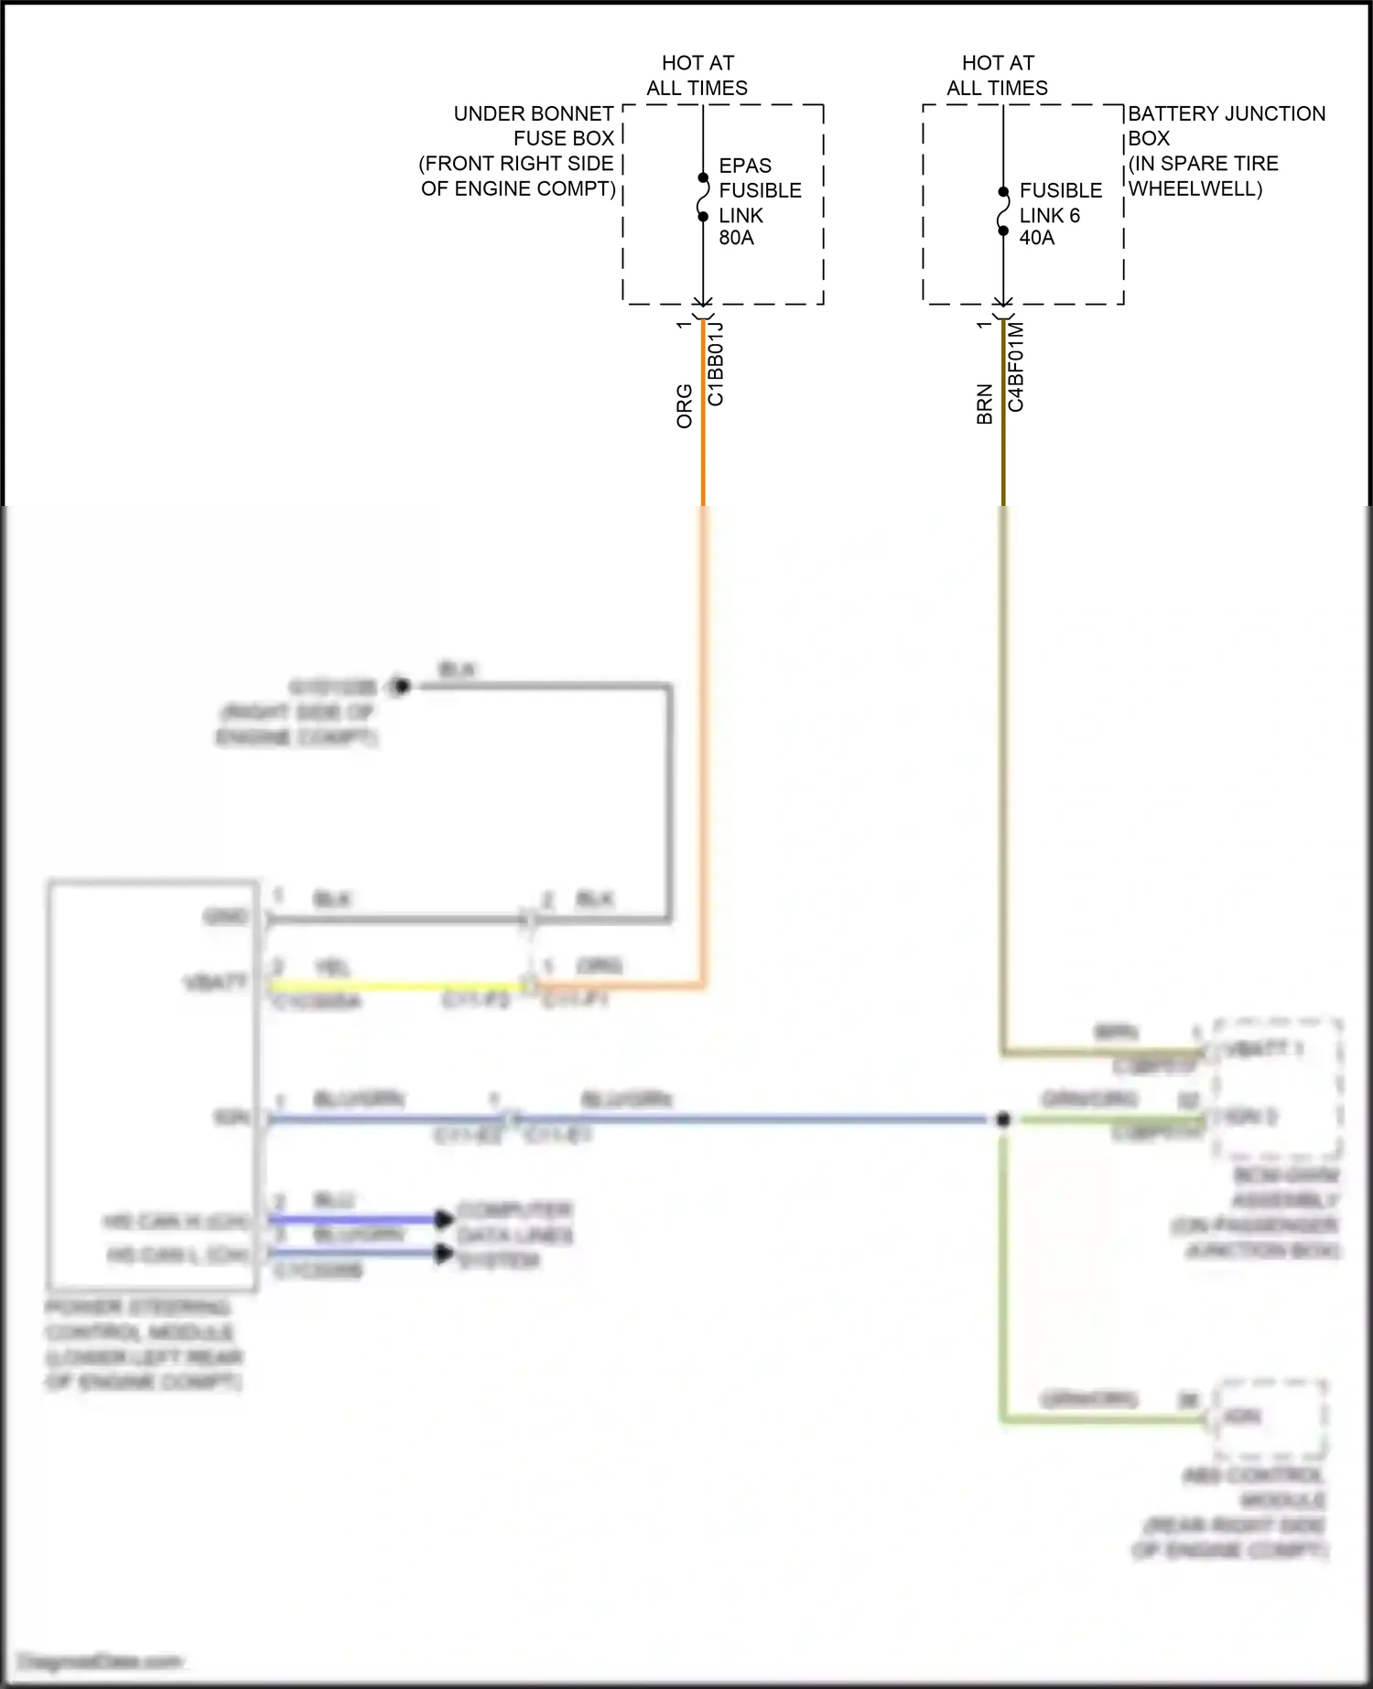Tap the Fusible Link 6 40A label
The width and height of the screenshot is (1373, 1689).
(x=1059, y=214)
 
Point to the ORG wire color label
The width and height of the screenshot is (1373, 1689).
(x=685, y=406)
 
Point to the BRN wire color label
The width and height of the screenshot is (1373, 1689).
(x=985, y=403)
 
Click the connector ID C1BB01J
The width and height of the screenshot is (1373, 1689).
(x=716, y=364)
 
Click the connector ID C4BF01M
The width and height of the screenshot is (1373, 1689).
(x=1016, y=367)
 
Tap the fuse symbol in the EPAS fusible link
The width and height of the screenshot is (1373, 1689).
(x=703, y=198)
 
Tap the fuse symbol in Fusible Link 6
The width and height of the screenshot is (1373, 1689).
(x=1003, y=211)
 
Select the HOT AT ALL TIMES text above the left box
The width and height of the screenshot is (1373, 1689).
(x=697, y=76)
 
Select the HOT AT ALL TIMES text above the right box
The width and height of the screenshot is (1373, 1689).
(x=998, y=76)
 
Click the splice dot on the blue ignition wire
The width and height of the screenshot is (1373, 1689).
(x=1003, y=1119)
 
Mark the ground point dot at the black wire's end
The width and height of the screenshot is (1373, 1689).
(x=401, y=686)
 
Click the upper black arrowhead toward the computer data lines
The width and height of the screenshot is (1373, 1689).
(x=444, y=1219)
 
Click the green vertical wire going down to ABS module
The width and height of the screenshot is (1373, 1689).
(x=1003, y=1281)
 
